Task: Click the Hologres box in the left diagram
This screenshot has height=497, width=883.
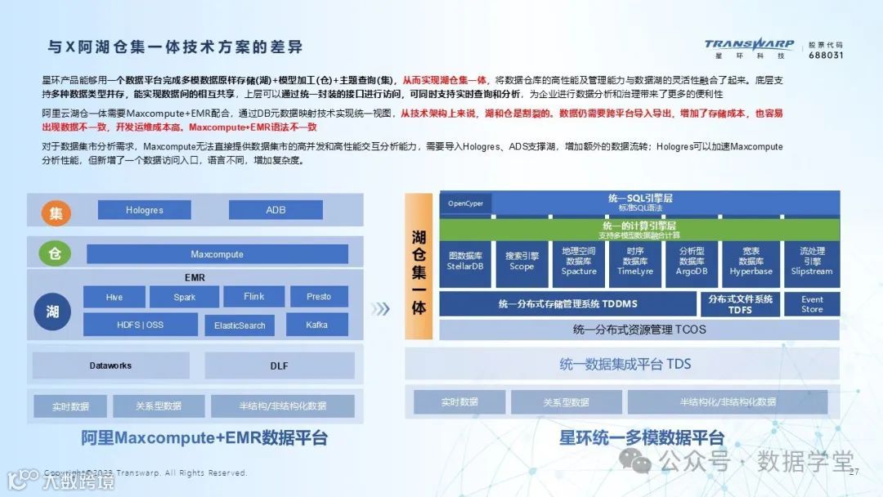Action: coord(144,210)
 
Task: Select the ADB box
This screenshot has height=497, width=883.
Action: coord(276,210)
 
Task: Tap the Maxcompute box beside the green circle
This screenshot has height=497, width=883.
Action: coord(217,254)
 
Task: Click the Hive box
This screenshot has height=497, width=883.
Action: coord(114,297)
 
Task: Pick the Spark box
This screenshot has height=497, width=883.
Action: coord(185,297)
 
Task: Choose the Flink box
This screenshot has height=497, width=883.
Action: coord(253,296)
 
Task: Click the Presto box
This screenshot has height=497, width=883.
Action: coord(318,296)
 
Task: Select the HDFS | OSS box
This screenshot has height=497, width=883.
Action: coord(140,325)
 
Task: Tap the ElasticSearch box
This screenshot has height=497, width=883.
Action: coord(240,325)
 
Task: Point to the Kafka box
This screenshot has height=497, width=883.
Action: coord(316,325)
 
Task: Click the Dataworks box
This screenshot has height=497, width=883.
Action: coord(110,365)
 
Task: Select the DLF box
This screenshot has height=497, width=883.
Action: coord(279,365)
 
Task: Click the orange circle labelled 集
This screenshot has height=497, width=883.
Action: coord(56,213)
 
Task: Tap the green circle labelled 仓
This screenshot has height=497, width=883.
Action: coord(56,254)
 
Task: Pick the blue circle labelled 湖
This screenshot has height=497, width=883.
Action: coord(52,311)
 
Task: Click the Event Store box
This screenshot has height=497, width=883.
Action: coord(811,304)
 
